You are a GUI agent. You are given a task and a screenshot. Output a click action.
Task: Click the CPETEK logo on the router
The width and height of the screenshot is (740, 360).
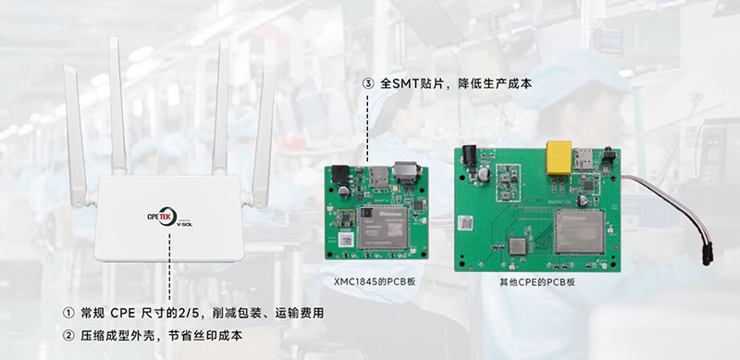tap(169, 217)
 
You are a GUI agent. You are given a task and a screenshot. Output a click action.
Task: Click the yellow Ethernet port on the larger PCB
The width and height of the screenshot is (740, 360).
tap(559, 158)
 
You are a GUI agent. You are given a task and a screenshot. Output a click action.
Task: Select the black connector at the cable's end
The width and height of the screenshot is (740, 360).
tap(707, 254)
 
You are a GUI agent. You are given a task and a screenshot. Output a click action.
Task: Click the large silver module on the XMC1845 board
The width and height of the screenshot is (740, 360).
tap(383, 228)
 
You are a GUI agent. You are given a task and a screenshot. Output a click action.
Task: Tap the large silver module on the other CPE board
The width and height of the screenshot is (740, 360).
tap(579, 231)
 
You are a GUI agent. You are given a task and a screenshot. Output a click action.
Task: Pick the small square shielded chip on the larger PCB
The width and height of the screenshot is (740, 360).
tap(517, 246)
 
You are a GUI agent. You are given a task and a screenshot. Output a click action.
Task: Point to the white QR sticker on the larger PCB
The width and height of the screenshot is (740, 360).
tap(465, 222)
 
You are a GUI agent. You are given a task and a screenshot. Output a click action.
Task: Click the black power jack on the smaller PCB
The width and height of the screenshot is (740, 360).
tap(340, 174)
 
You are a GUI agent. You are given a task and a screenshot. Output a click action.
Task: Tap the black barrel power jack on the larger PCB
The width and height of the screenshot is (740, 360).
tap(470, 155)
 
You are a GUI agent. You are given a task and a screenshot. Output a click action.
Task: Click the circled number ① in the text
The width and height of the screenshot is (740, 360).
tap(68, 313)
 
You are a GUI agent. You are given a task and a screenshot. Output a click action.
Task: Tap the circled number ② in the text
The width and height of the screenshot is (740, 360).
tap(68, 335)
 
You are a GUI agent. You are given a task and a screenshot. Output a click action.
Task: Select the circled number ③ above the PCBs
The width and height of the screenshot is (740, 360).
tap(368, 83)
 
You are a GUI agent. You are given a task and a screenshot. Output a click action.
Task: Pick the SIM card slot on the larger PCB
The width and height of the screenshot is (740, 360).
tap(581, 158)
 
